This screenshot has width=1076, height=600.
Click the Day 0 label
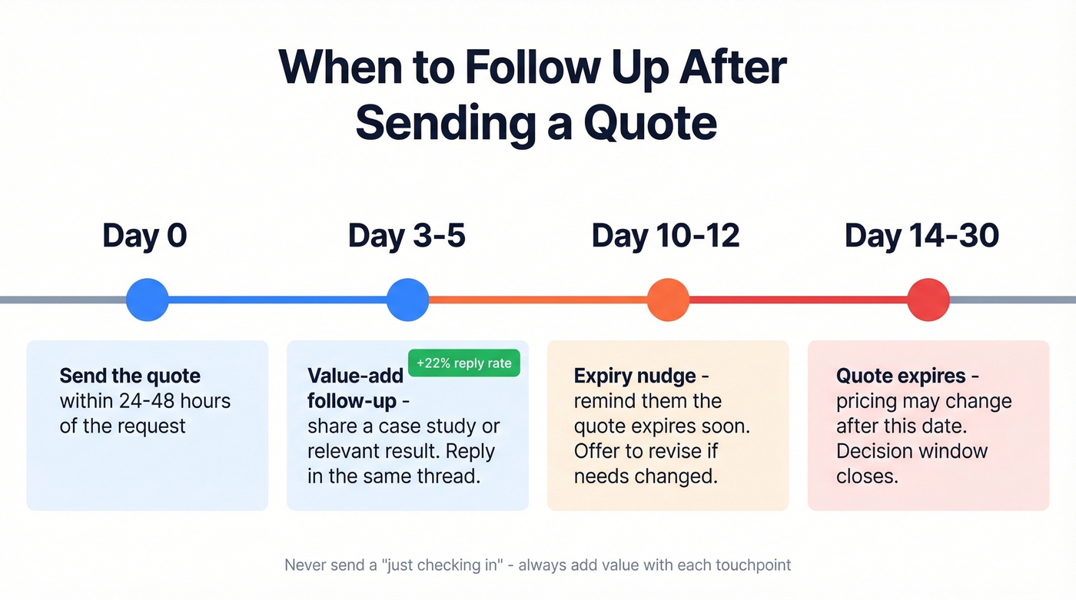click(144, 236)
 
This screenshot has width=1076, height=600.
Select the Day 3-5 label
click(407, 236)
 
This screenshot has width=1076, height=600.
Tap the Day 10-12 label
click(666, 236)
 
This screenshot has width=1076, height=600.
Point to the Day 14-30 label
click(922, 236)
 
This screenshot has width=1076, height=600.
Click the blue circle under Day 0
click(147, 300)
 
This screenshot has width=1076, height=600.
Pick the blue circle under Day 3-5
click(407, 300)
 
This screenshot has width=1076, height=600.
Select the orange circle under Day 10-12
click(668, 300)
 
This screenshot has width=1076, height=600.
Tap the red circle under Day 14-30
click(928, 300)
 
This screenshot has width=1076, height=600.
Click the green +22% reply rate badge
click(464, 363)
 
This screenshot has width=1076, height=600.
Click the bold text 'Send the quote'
click(130, 376)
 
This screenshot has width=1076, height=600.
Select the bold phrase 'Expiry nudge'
click(635, 376)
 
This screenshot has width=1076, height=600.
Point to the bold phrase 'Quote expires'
click(901, 376)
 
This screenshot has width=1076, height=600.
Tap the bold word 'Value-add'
click(355, 376)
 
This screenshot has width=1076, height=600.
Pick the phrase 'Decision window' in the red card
click(912, 450)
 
